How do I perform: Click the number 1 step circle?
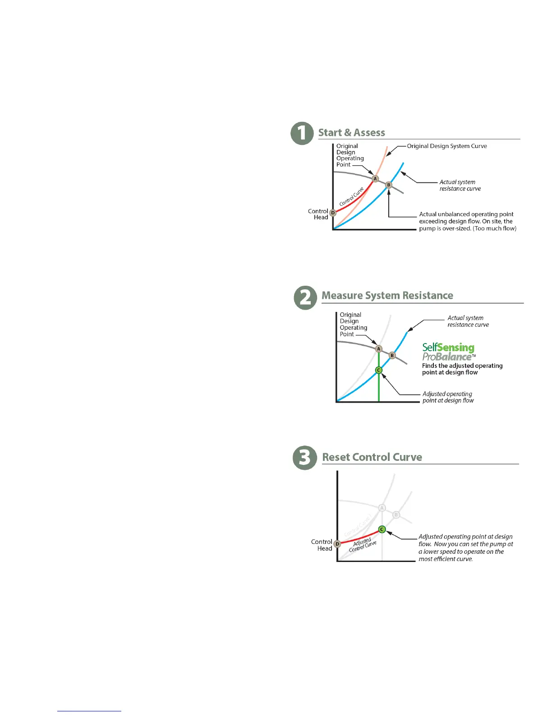[x=302, y=134]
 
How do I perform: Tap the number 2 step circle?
[x=305, y=298]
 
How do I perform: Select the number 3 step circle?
[x=305, y=458]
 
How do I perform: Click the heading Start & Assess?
[x=351, y=133]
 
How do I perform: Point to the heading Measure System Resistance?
[x=387, y=296]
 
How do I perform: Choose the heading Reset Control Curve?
[x=372, y=457]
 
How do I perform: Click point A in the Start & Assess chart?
[x=375, y=179]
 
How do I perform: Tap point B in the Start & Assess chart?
[x=388, y=185]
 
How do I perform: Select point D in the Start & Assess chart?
[x=333, y=213]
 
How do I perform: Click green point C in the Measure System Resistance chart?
[x=379, y=370]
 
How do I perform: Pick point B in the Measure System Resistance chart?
[x=392, y=355]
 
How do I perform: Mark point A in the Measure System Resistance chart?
[x=379, y=348]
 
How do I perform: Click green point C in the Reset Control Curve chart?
[x=382, y=529]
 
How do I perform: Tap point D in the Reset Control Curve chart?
[x=337, y=544]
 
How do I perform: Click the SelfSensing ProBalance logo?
[x=448, y=352]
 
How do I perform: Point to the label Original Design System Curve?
[x=446, y=146]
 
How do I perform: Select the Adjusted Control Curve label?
[x=363, y=545]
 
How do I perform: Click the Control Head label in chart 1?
[x=318, y=214]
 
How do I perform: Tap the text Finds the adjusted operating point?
[x=462, y=369]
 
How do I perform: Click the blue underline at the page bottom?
[x=89, y=711]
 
